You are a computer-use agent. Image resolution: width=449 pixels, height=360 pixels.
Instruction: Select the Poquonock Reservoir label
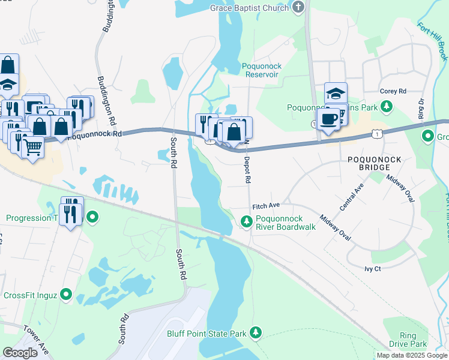(x=262, y=70)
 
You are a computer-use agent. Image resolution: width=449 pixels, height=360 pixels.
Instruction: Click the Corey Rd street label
(x=393, y=91)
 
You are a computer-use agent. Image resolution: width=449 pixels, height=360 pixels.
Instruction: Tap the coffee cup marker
(x=328, y=119)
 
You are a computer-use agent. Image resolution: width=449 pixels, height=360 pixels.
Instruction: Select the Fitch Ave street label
(x=266, y=206)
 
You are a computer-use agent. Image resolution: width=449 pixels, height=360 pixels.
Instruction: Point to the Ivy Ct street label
(x=373, y=269)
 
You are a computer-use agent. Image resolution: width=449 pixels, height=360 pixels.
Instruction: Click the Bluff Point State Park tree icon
(x=256, y=332)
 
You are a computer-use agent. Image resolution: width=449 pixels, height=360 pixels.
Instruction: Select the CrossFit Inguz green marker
(x=66, y=295)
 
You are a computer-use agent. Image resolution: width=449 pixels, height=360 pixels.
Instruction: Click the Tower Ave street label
(x=36, y=340)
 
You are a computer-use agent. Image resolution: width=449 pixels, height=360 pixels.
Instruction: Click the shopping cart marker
(x=32, y=145)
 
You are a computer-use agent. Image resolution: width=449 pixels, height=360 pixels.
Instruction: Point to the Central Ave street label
(x=352, y=197)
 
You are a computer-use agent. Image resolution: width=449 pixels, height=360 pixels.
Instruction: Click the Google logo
(x=20, y=353)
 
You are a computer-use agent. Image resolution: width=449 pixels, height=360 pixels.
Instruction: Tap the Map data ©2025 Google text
(x=411, y=355)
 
